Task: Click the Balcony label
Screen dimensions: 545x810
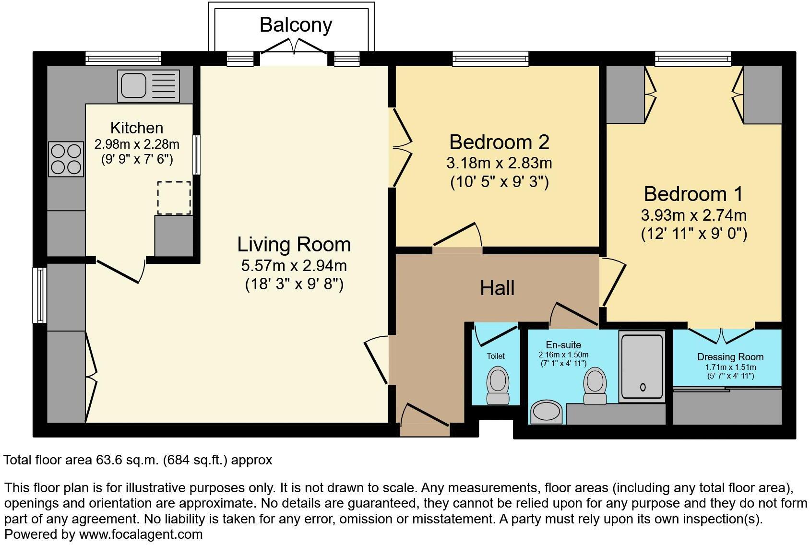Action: (296, 24)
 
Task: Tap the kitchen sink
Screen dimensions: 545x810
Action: (148, 86)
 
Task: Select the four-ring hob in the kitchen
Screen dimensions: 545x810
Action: (66, 159)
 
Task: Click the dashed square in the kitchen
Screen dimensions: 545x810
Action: (174, 198)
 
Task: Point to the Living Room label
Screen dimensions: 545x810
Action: (294, 245)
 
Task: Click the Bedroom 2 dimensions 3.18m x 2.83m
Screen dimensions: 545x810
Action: (499, 163)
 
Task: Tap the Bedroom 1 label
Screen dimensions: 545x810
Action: (693, 194)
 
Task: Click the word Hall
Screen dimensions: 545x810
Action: (497, 288)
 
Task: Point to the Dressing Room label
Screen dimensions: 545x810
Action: (730, 357)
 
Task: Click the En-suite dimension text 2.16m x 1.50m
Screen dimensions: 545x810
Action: (563, 355)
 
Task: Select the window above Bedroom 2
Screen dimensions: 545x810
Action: (490, 59)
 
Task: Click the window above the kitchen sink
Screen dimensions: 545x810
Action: (123, 59)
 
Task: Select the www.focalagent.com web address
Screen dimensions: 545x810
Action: (141, 534)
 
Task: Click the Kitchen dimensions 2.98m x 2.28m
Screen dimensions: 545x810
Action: (137, 144)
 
